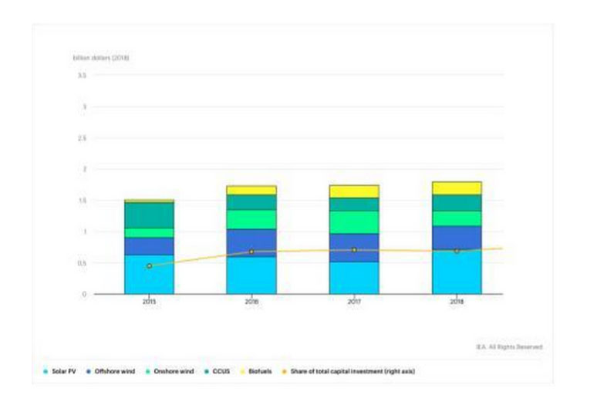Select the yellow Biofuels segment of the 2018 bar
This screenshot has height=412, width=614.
(457, 188)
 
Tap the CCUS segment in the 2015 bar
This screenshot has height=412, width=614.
(149, 214)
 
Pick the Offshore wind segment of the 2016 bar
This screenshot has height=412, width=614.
(251, 242)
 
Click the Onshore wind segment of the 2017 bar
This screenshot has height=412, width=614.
(354, 222)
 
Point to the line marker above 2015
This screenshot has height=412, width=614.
(149, 266)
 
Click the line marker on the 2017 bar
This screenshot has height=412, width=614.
(354, 250)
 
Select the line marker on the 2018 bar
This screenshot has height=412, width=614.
(457, 251)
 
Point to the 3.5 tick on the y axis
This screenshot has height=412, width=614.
(82, 76)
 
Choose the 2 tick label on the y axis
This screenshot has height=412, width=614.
(83, 169)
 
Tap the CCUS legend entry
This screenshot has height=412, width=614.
(221, 372)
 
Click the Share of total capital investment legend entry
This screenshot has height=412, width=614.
(354, 372)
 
